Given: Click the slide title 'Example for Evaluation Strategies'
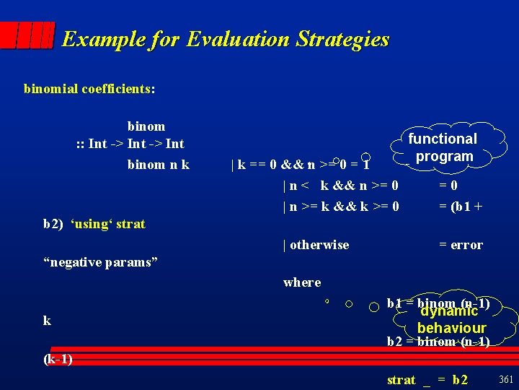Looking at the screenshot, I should click(225, 39).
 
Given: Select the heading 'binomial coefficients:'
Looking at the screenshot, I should click(89, 89).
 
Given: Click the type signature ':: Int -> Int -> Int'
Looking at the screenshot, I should click(130, 143).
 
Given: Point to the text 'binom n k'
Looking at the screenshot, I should click(158, 164).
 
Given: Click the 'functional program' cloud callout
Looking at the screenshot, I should click(443, 147).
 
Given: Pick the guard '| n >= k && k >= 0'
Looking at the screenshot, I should click(342, 206).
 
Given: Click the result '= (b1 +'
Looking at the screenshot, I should click(461, 206).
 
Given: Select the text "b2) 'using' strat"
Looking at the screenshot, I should click(94, 224).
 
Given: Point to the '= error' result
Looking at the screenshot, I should click(461, 245).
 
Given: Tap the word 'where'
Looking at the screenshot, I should click(302, 282).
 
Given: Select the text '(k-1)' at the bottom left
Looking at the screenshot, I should click(58, 359).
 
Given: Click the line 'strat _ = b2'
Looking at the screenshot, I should click(427, 380).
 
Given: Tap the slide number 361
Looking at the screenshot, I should click(505, 379).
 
